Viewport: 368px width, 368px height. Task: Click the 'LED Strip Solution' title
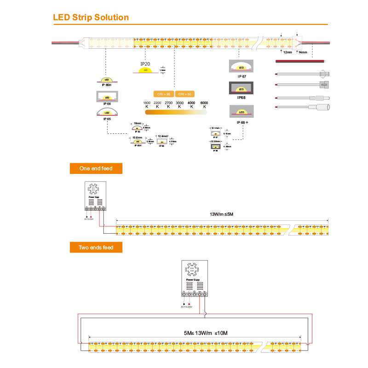pyautogui.click(x=91, y=17)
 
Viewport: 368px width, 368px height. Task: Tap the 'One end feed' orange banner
pyautogui.click(x=96, y=168)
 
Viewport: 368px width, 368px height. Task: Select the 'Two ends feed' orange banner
pyautogui.click(x=96, y=247)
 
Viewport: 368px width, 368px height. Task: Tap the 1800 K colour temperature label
pyautogui.click(x=147, y=104)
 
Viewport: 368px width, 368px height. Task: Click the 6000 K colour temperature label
pyautogui.click(x=204, y=104)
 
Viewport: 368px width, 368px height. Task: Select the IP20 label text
pyautogui.click(x=145, y=64)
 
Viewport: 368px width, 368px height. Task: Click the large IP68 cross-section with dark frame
pyautogui.click(x=241, y=88)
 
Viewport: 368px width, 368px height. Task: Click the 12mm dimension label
pyautogui.click(x=287, y=52)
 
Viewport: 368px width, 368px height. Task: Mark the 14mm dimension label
pyautogui.click(x=303, y=52)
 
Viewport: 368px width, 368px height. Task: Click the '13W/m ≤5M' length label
pyautogui.click(x=222, y=214)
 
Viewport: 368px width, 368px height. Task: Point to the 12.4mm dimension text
pyautogui.click(x=163, y=136)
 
